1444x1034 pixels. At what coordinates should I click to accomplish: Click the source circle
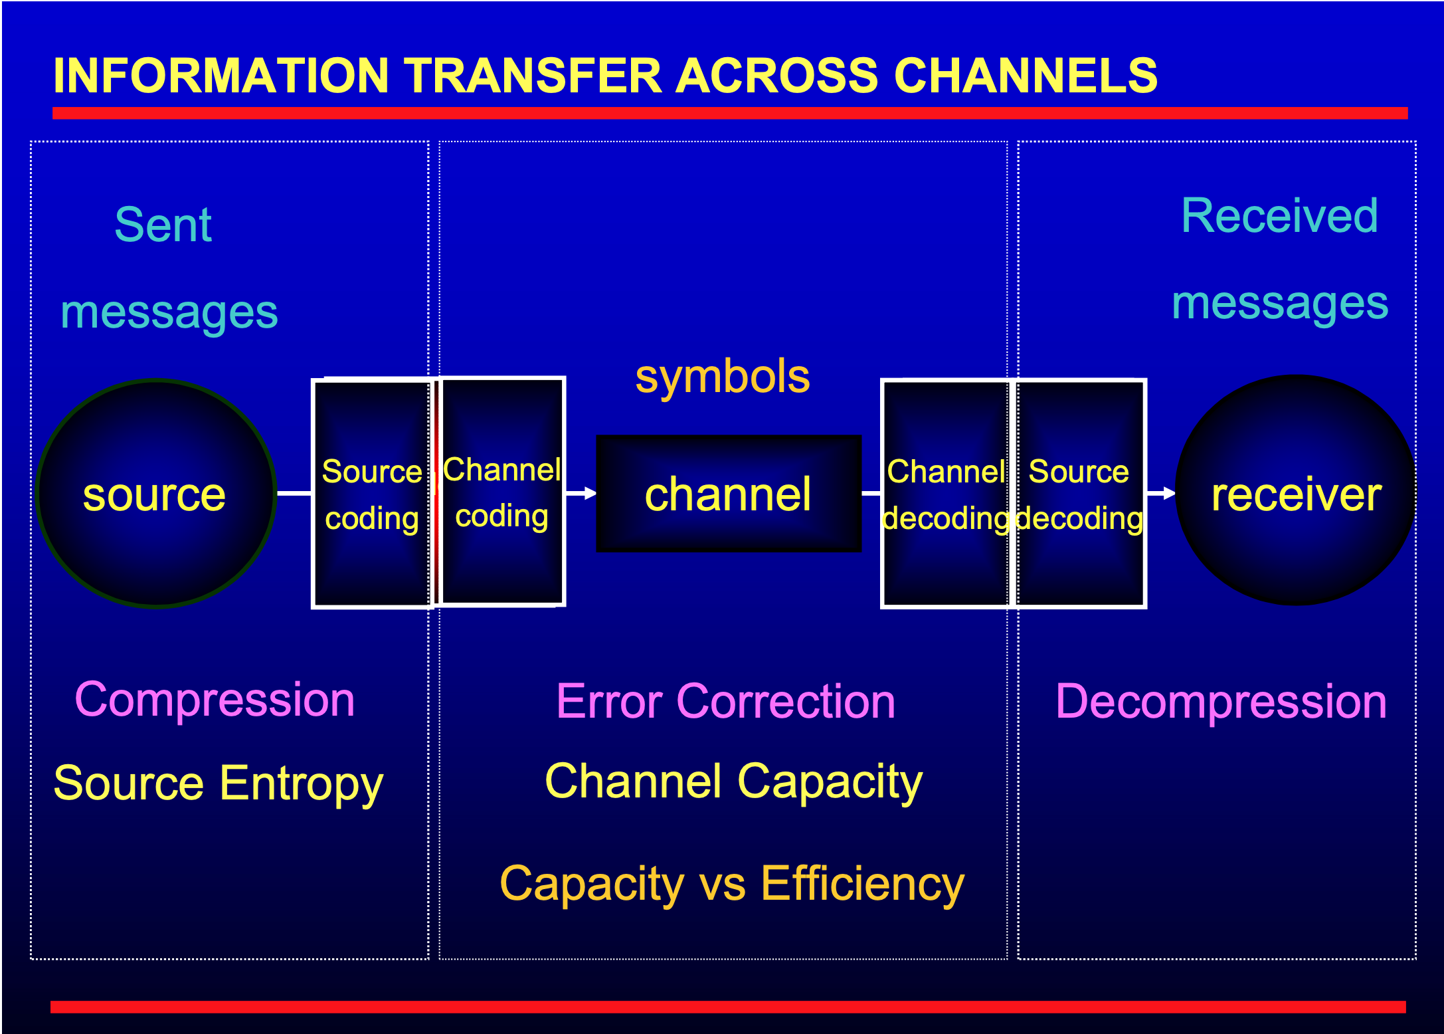coord(156,493)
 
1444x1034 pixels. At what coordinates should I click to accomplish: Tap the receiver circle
coord(1295,490)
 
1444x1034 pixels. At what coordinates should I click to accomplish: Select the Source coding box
coord(373,493)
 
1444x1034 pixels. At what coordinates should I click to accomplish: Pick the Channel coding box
coord(502,492)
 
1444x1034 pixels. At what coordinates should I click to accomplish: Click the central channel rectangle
coord(729,493)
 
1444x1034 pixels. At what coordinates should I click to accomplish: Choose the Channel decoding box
coord(946,493)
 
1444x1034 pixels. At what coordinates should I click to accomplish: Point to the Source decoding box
coord(1079,493)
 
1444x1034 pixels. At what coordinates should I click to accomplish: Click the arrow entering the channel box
coord(581,493)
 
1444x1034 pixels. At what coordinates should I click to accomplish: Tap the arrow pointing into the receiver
coord(1161,493)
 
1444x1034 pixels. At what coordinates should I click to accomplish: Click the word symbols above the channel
coord(723,377)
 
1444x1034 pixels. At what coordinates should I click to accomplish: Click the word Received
coord(1279,216)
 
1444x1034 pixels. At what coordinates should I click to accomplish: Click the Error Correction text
coord(726,701)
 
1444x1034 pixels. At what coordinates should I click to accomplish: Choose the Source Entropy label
coord(219,784)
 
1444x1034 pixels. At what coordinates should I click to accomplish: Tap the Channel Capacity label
coord(733,782)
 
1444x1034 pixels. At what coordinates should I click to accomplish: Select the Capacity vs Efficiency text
coord(732,884)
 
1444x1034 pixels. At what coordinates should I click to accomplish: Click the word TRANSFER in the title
coord(533,75)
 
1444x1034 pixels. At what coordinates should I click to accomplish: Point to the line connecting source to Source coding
coord(294,493)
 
